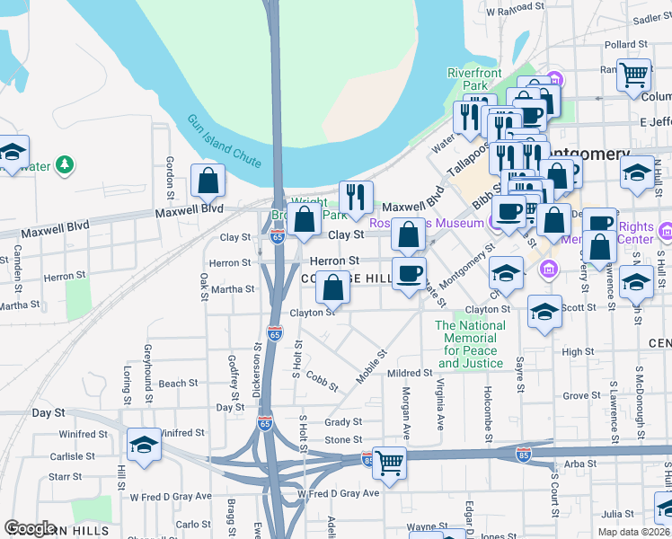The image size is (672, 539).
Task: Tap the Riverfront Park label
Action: coord(474,79)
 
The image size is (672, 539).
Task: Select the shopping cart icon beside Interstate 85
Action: coord(389,464)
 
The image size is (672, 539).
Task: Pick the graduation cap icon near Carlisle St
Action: coord(144,446)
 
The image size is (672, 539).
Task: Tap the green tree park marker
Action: coord(65,165)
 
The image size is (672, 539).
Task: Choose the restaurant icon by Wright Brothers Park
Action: coord(356,197)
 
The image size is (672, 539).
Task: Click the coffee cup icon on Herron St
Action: coord(410,273)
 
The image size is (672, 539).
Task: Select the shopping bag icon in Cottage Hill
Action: coord(333,287)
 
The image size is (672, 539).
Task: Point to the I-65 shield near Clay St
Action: coord(278,237)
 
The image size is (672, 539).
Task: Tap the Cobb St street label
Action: coord(322,381)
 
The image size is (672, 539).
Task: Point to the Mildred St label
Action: coord(410,373)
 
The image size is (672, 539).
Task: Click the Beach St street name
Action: coord(178,384)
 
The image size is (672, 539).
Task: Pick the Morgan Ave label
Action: coord(406,413)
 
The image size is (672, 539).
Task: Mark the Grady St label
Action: coord(343,421)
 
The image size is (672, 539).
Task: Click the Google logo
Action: coord(30,528)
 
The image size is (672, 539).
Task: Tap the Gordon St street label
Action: coord(169,176)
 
